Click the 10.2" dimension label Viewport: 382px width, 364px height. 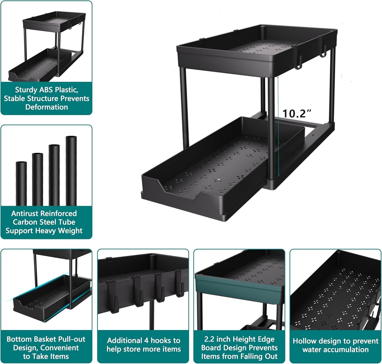[x=297, y=113]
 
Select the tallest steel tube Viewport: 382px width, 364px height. [x=71, y=171]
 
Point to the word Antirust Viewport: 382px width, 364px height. [x=25, y=213]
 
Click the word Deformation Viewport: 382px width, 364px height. [x=47, y=107]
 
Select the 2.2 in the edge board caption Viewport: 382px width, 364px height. [x=209, y=339]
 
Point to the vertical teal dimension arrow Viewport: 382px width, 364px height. [x=278, y=127]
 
